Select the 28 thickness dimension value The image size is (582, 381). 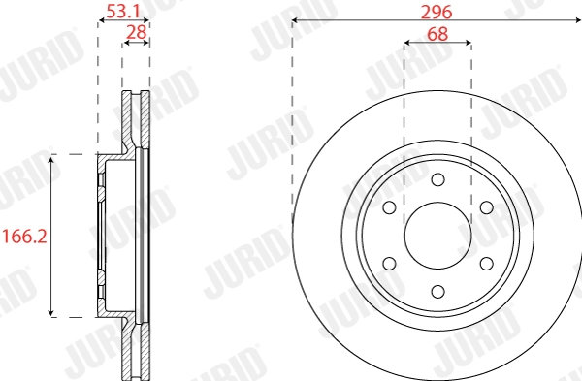[x=136, y=32]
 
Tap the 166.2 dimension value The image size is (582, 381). [x=22, y=236]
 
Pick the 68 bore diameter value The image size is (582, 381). [x=437, y=32]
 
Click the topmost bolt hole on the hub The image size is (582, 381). [x=437, y=179]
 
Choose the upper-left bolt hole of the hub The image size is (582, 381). [x=390, y=207]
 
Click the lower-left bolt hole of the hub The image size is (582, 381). [x=390, y=263]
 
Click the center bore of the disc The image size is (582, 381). [x=437, y=235]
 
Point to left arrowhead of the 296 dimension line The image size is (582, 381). [x=296, y=20]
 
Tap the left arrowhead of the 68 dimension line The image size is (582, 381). [x=407, y=43]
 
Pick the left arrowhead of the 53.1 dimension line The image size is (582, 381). [x=101, y=20]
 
